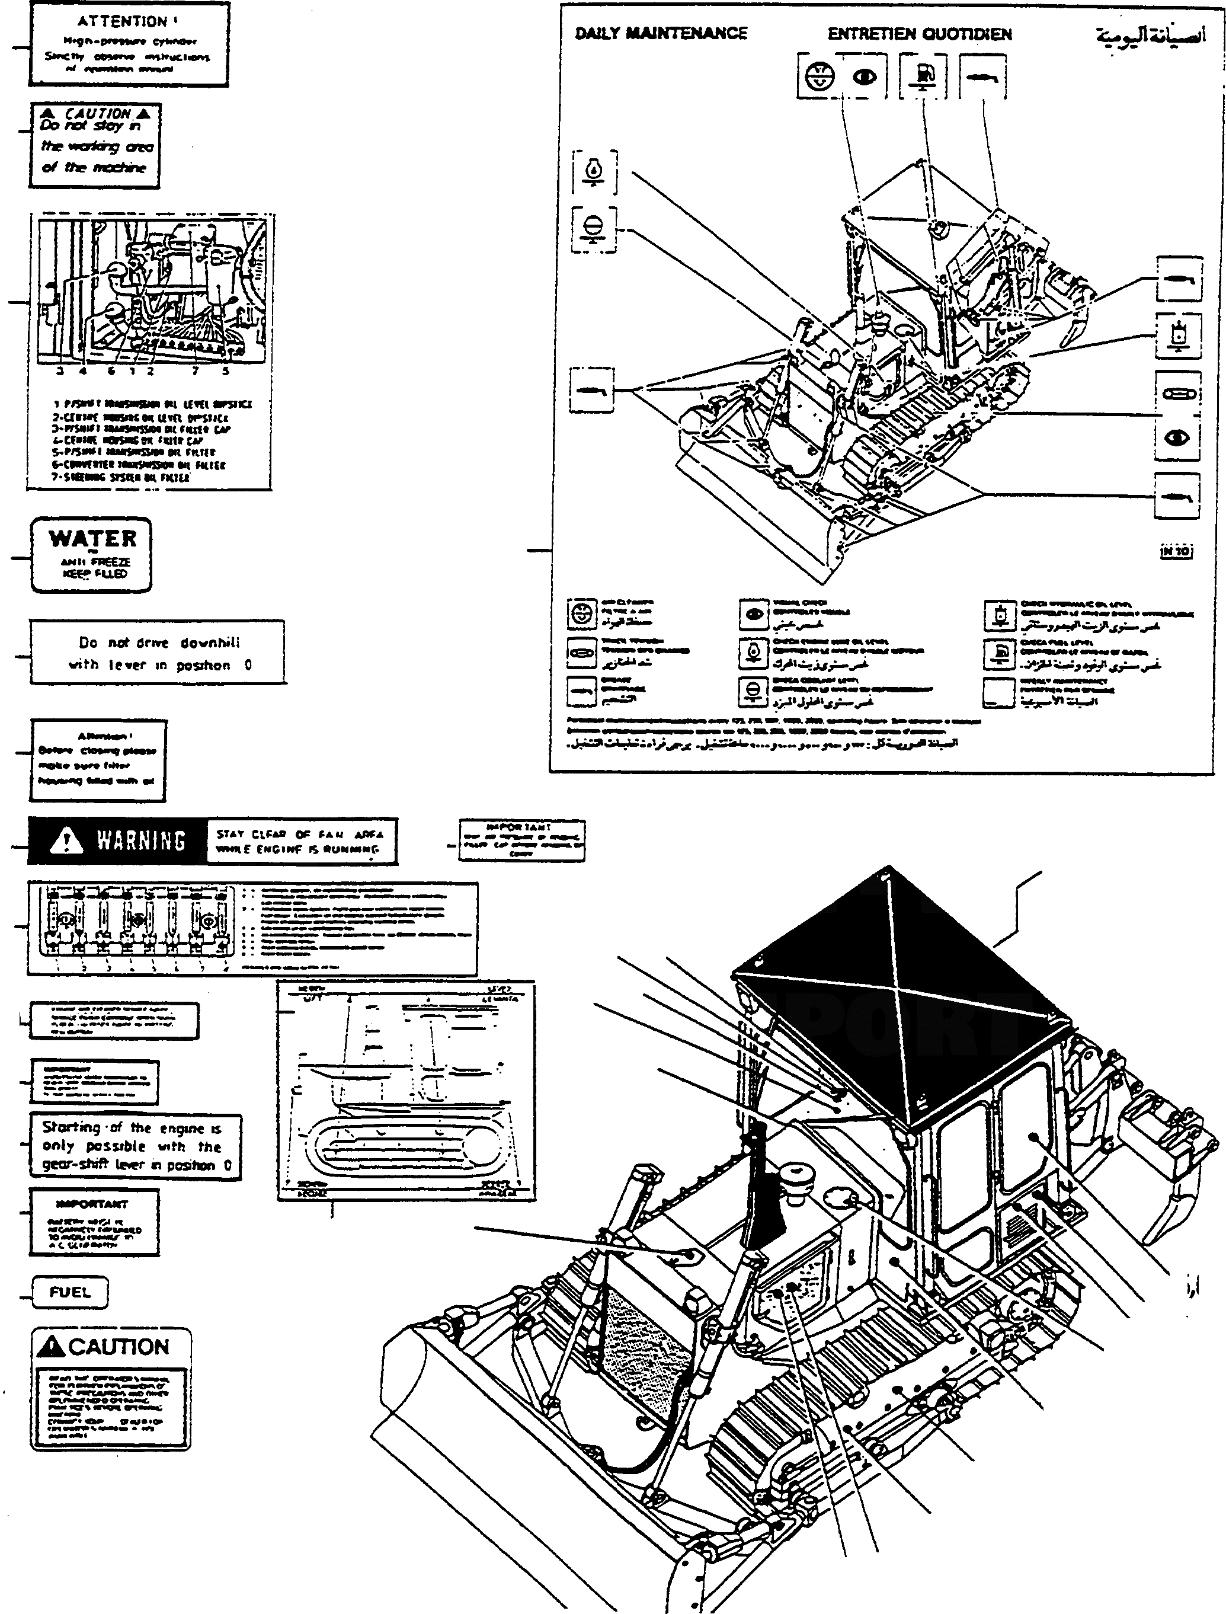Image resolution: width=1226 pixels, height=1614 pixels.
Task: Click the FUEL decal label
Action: pos(70,1292)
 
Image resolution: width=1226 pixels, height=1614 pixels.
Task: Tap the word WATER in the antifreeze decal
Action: pos(92,539)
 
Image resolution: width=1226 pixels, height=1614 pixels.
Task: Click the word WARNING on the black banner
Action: pos(141,840)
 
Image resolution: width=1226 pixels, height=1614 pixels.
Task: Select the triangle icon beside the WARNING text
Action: pos(67,840)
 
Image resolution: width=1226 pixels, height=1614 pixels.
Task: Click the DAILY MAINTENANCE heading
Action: pos(661,34)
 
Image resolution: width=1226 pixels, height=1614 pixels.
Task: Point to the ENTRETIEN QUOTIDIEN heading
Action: pos(919,34)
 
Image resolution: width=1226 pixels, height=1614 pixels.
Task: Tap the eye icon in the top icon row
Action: pos(865,76)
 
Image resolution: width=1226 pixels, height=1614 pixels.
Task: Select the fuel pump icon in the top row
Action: pos(923,75)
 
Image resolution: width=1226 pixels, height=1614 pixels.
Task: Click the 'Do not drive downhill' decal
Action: pos(158,653)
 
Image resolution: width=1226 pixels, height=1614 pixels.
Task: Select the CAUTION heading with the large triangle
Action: pos(110,1347)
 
